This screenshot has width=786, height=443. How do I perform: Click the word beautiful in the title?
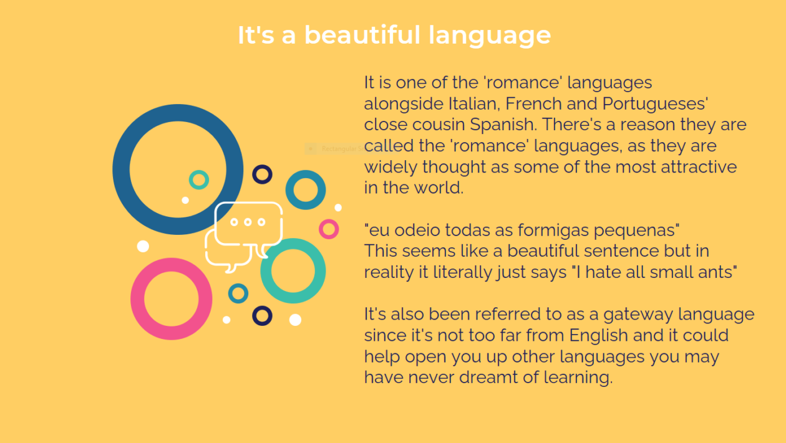[x=362, y=35]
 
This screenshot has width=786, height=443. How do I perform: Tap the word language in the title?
[x=490, y=36]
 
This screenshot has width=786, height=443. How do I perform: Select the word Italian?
[x=474, y=103]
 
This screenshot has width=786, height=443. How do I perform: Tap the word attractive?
[x=699, y=167]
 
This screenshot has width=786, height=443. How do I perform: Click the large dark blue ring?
[x=121, y=169]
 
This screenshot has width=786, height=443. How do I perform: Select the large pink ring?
[x=137, y=299]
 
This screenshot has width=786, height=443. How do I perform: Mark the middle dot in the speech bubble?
[x=248, y=222]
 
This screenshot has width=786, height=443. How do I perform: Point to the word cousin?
[x=439, y=125]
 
